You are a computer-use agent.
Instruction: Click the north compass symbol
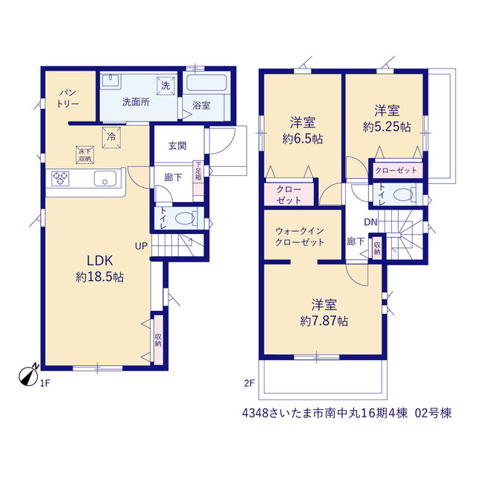[x=28, y=376]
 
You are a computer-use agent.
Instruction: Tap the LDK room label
[x=100, y=261]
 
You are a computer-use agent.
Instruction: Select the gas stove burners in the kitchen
[x=60, y=179]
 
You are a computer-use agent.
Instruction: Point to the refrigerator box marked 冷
[x=111, y=137]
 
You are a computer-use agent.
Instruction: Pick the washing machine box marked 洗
[x=165, y=86]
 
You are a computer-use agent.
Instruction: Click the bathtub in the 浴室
[x=206, y=83]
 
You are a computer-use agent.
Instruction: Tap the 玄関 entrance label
[x=177, y=146]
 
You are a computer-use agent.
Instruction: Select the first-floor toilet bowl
[x=185, y=218]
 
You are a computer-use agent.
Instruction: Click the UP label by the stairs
[x=141, y=246]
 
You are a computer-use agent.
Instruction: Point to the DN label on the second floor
[x=370, y=222]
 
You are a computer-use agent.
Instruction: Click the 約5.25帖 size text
[x=387, y=127]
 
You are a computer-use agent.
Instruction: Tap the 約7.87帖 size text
[x=324, y=321]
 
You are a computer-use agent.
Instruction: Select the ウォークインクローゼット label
[x=300, y=237]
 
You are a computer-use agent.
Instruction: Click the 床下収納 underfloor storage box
[x=85, y=155]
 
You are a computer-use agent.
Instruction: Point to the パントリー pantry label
[x=68, y=98]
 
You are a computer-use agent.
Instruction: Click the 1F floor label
[x=45, y=383]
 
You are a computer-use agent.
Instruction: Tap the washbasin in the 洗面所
[x=111, y=81]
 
